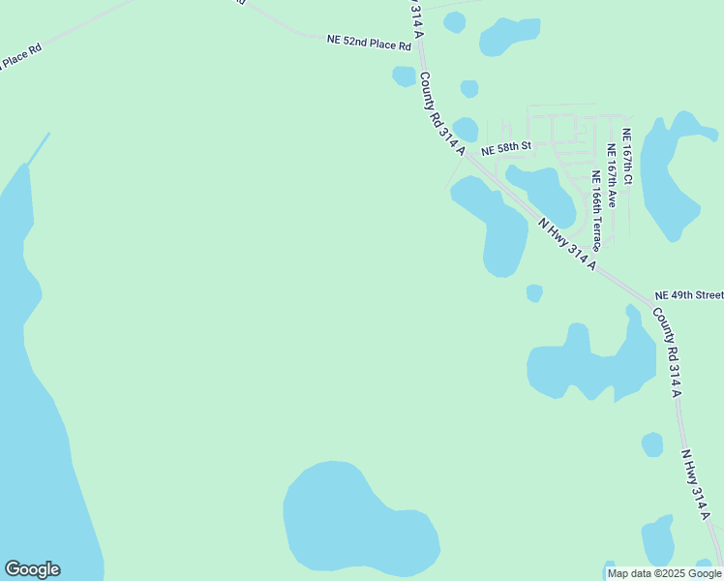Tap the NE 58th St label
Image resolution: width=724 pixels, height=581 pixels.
[507, 147]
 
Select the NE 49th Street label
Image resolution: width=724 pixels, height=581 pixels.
[689, 294]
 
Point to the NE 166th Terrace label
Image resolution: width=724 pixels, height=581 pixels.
[598, 210]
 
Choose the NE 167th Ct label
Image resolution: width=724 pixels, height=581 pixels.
[627, 157]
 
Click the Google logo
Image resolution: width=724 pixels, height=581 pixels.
[32, 569]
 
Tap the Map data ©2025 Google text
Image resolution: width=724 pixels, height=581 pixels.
[665, 573]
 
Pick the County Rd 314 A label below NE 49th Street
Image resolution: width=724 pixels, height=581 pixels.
[667, 352]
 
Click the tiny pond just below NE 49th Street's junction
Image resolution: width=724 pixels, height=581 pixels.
[534, 292]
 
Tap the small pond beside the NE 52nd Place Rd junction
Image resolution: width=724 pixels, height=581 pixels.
[404, 76]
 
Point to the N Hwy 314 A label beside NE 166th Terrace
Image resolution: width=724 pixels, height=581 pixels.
[567, 244]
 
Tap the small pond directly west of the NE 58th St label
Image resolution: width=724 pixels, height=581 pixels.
[466, 129]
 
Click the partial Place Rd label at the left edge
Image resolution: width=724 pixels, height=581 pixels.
[21, 57]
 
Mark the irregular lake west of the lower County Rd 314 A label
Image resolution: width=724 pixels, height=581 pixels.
[590, 363]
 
